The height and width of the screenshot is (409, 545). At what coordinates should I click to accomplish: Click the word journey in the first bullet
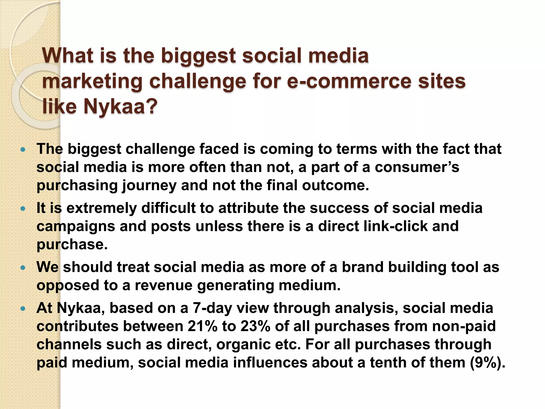click(149, 186)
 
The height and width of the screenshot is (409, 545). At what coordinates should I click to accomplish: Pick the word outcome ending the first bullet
click(335, 185)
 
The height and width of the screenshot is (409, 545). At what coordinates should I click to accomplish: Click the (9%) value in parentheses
click(487, 363)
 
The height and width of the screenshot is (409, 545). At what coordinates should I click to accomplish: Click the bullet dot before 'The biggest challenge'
click(23, 150)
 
